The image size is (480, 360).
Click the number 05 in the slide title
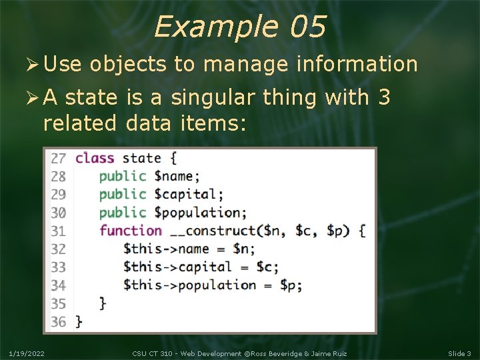tap(307, 27)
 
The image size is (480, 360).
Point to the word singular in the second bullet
tap(213, 97)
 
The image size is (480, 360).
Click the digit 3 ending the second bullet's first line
tap(383, 97)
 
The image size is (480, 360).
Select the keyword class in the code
tap(95, 158)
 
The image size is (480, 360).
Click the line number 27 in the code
tap(59, 159)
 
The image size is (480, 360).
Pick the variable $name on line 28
tap(176, 177)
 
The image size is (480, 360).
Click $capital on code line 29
tap(188, 195)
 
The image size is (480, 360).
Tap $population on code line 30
tap(199, 213)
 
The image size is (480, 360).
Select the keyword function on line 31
tap(131, 231)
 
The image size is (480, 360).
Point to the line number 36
tap(59, 321)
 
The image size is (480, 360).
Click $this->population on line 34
tap(189, 285)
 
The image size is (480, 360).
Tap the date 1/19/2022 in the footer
tap(27, 353)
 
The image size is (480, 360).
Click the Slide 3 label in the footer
tap(459, 353)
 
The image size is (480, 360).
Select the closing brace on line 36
tap(79, 321)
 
